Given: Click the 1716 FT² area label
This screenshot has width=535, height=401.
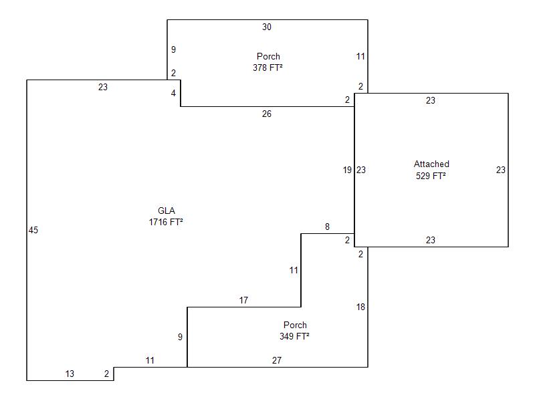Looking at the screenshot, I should [166, 222].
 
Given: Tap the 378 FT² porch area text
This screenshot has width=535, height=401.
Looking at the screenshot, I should [267, 68].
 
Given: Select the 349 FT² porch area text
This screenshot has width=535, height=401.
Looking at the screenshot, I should [294, 337].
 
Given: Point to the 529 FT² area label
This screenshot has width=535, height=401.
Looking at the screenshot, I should [431, 176].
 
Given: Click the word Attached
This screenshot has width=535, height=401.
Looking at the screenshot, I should [431, 164].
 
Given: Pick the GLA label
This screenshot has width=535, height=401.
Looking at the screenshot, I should [166, 211].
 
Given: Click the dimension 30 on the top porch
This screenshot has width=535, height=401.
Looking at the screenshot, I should [267, 27].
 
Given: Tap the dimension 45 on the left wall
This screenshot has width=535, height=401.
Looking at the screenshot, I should [33, 231].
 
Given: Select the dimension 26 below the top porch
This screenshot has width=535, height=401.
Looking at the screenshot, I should [267, 114].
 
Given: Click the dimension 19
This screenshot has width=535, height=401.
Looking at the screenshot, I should [347, 170].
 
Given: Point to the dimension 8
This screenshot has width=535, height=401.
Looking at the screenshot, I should [327, 227].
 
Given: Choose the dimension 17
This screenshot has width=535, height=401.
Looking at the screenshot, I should [243, 301].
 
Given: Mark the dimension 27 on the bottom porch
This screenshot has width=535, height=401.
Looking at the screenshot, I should [277, 361].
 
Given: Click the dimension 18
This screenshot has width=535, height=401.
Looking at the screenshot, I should [360, 307].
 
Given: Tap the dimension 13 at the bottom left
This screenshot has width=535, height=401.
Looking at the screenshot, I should [70, 374].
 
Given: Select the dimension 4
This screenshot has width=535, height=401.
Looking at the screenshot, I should [173, 94].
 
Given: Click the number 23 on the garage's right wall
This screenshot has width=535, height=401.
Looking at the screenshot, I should [500, 170].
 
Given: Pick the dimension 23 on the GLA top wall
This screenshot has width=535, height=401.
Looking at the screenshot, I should [102, 88].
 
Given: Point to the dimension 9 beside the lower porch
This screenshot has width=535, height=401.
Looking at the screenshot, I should [180, 338].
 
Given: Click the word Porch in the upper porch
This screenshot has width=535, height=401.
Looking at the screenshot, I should [268, 57].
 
